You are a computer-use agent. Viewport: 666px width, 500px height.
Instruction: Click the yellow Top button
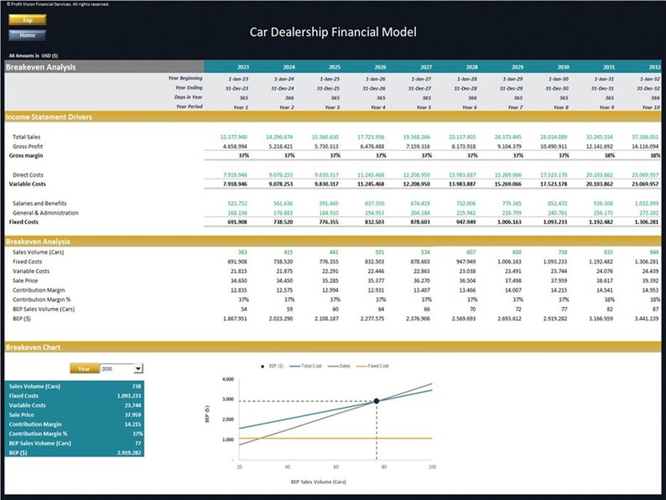click(x=27, y=18)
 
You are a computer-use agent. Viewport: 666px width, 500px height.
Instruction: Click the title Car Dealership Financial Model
click(x=333, y=33)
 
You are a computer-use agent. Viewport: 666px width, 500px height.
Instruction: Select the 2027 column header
click(x=426, y=67)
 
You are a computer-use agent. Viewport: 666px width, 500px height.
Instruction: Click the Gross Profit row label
click(x=29, y=146)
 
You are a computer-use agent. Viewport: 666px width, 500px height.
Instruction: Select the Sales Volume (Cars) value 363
click(x=242, y=252)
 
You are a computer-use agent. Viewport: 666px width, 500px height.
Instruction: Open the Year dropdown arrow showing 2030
click(x=138, y=368)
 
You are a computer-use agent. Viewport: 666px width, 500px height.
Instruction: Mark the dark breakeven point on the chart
click(x=376, y=401)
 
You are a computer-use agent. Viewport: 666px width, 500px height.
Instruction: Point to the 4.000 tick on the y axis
click(x=227, y=379)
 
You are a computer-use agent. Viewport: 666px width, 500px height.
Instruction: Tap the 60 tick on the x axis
click(x=336, y=466)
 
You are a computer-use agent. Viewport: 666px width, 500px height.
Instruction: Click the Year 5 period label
click(x=424, y=107)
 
